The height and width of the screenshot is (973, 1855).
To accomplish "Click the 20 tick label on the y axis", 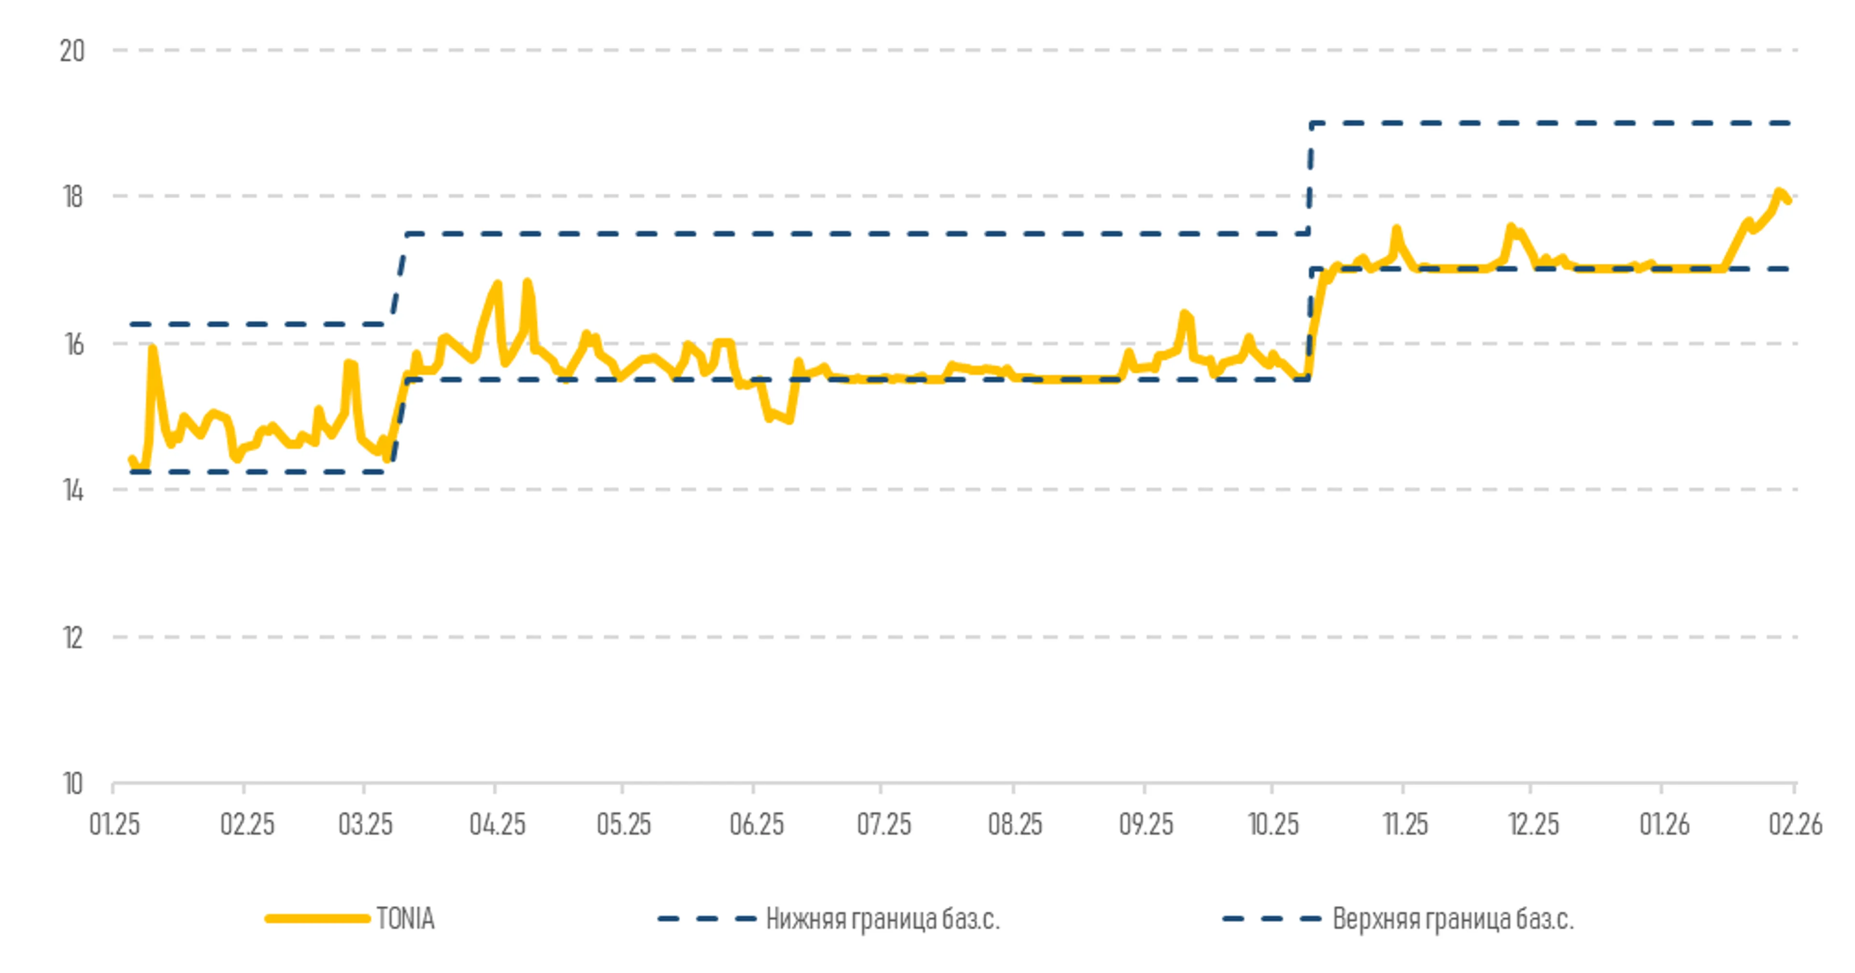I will tap(72, 51).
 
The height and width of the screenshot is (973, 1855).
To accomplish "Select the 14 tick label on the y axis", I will tap(73, 490).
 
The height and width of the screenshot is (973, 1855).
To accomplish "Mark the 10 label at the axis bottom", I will tap(73, 784).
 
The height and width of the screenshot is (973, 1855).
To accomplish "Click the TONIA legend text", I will tap(405, 919).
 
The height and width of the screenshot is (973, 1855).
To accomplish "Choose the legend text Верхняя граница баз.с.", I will tap(1453, 919).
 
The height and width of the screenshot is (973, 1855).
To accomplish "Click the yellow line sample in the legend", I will tap(317, 919).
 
